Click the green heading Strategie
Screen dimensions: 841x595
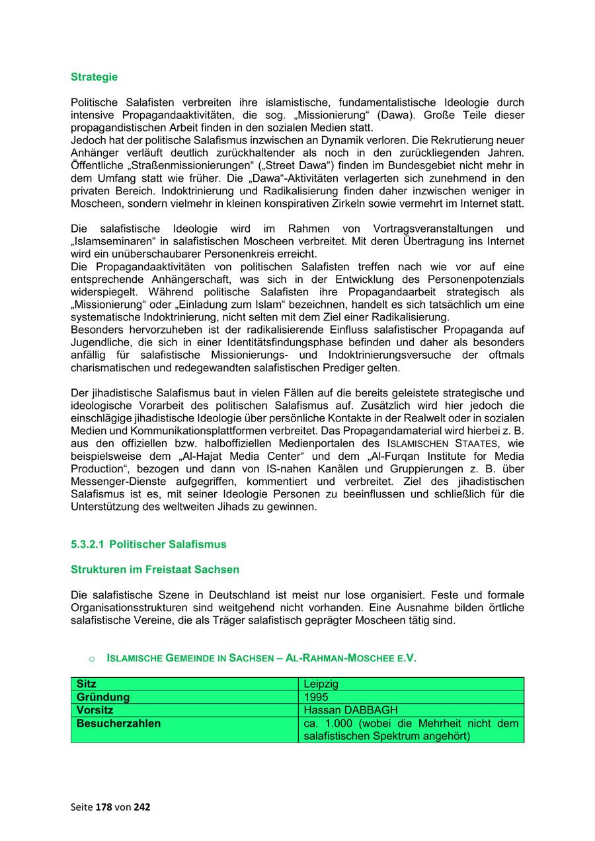click(x=94, y=77)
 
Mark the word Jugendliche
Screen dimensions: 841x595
click(x=99, y=342)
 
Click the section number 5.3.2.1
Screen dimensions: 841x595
click(x=87, y=544)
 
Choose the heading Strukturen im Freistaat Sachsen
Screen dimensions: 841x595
click(x=155, y=569)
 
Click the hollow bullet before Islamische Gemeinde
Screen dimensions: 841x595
click(x=91, y=659)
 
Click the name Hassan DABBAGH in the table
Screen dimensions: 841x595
click(x=350, y=710)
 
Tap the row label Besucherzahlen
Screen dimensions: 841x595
click(x=118, y=723)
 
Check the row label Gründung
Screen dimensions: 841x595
click(x=103, y=697)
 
